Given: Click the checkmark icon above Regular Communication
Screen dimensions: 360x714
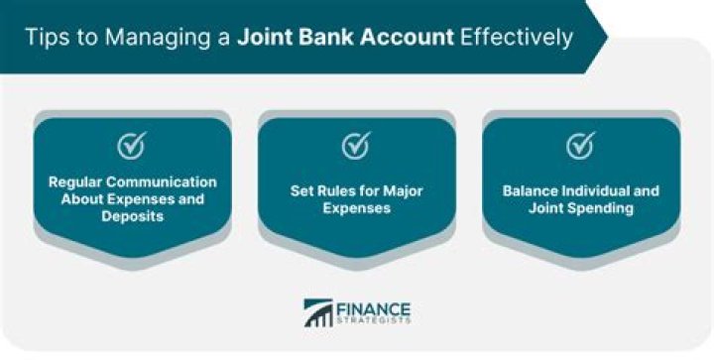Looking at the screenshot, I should (132, 146).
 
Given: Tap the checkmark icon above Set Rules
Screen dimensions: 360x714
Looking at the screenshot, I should (356, 146).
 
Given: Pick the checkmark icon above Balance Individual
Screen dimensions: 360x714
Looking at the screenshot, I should (580, 146).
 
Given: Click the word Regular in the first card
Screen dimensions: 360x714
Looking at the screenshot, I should (75, 182).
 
